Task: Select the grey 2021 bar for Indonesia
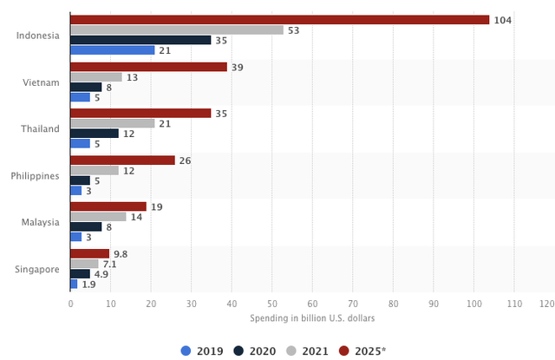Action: (x=177, y=29)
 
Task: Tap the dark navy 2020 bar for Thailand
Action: (x=95, y=134)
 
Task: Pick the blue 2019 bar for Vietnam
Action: (x=80, y=97)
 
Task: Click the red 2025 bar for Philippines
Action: (x=122, y=160)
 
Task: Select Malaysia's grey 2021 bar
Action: (x=98, y=217)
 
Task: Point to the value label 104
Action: (x=502, y=20)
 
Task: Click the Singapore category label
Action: (x=37, y=269)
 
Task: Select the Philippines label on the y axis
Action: (x=35, y=175)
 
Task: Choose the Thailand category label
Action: (x=40, y=128)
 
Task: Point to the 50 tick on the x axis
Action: (x=271, y=304)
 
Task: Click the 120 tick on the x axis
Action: (x=546, y=304)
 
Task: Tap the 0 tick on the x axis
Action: (x=70, y=304)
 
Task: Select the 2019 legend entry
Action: (x=201, y=350)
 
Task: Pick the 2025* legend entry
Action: (x=362, y=350)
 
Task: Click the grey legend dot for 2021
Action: (x=292, y=350)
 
